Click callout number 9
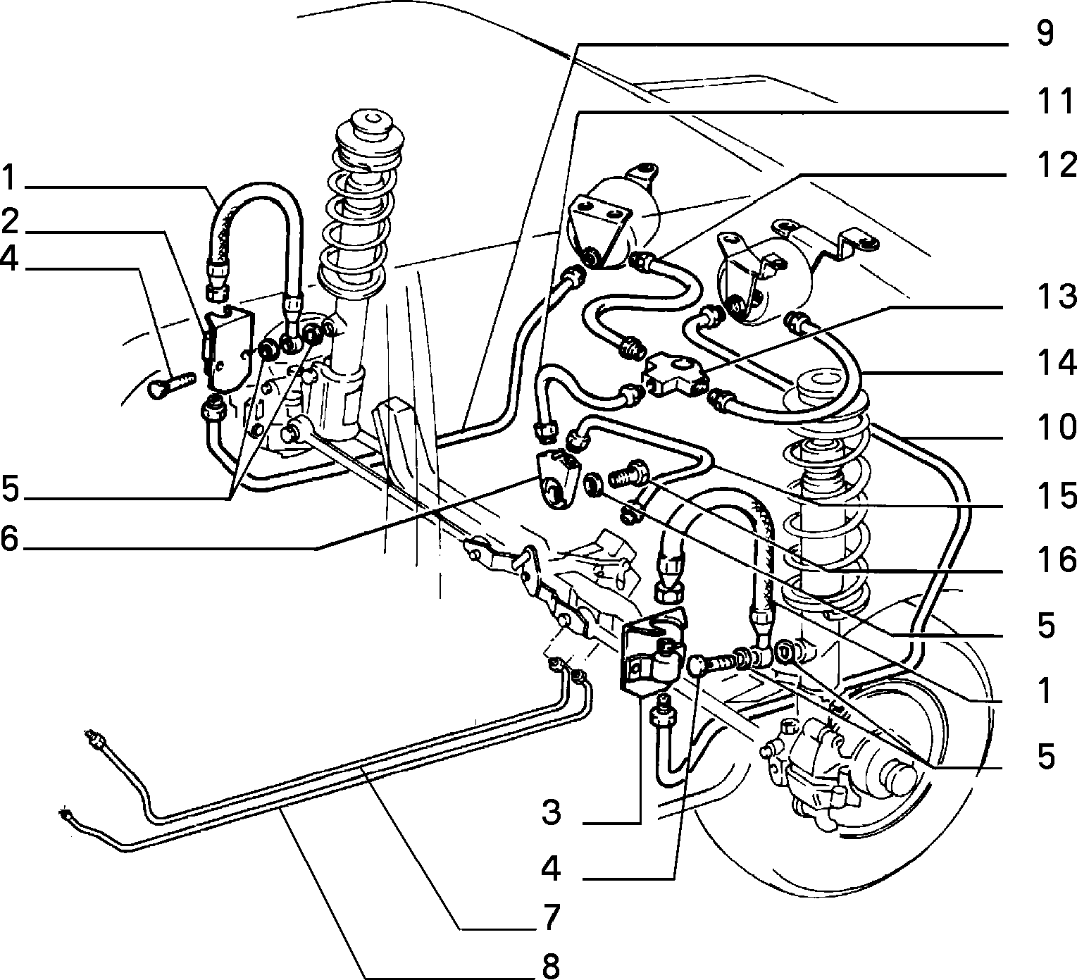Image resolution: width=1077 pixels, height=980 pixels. pos(1045,35)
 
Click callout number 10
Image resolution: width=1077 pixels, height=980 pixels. pos(1054,428)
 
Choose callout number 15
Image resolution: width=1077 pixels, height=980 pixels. pos(1054,495)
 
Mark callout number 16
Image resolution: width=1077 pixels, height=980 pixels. pos(1054,559)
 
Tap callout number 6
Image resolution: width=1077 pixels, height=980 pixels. pos(11,538)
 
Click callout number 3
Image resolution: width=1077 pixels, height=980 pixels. pos(552,812)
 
